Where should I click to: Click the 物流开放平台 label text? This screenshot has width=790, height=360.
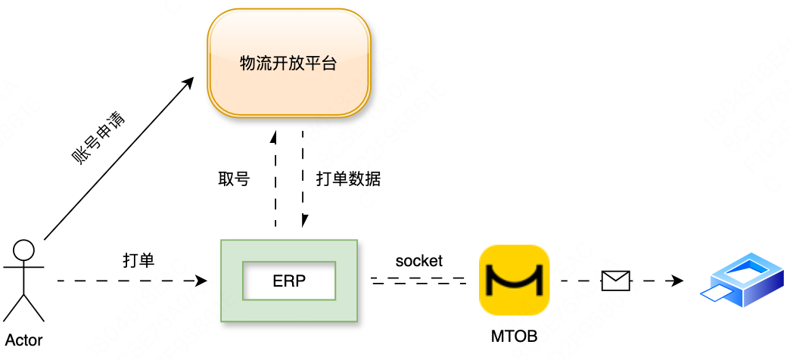click(288, 64)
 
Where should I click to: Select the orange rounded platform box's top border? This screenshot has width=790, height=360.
click(289, 10)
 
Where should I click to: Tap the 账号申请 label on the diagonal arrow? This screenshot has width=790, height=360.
click(98, 139)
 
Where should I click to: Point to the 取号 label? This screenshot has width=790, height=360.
click(234, 178)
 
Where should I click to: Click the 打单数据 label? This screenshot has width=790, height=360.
click(348, 178)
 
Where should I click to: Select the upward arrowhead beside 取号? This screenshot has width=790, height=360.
click(275, 137)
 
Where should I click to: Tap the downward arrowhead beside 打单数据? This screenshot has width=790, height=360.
click(303, 221)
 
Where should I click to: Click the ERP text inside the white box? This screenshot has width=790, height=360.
click(289, 281)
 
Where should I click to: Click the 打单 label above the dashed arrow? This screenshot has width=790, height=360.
click(138, 260)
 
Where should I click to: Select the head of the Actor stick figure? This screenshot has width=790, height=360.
click(24, 250)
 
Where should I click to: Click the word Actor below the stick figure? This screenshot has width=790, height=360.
click(23, 340)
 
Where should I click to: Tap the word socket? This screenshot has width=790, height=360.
click(418, 261)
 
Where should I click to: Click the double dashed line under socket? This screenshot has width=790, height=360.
click(418, 280)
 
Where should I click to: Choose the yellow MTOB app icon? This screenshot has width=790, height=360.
click(514, 281)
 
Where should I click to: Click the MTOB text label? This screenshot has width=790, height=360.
click(514, 337)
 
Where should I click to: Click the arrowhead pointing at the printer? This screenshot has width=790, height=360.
click(677, 281)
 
